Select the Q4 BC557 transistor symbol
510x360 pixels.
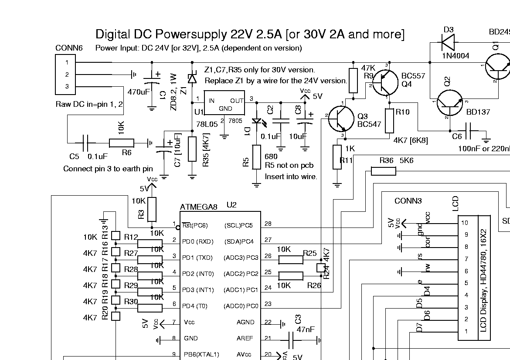(x=385, y=83)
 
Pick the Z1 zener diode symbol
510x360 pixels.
(x=192, y=78)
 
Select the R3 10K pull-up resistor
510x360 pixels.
(x=152, y=209)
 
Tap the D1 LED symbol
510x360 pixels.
(x=257, y=122)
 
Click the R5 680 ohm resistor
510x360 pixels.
(x=257, y=162)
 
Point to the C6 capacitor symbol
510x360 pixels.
(x=471, y=130)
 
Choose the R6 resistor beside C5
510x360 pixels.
(x=122, y=142)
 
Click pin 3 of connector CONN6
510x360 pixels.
(x=67, y=87)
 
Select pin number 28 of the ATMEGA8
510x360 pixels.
(x=268, y=224)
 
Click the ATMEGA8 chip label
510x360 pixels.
(x=198, y=207)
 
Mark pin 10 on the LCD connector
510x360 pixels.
(x=465, y=223)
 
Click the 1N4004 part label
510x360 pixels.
(x=456, y=56)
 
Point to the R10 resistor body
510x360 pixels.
(x=389, y=121)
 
